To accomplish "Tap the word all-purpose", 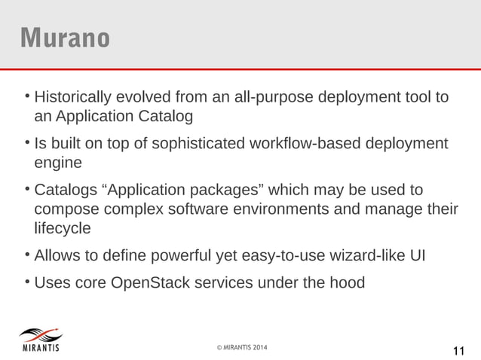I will [274, 98].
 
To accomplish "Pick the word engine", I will [57, 162].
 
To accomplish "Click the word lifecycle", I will [63, 226].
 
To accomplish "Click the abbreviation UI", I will [416, 255].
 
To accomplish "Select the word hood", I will [348, 283].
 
